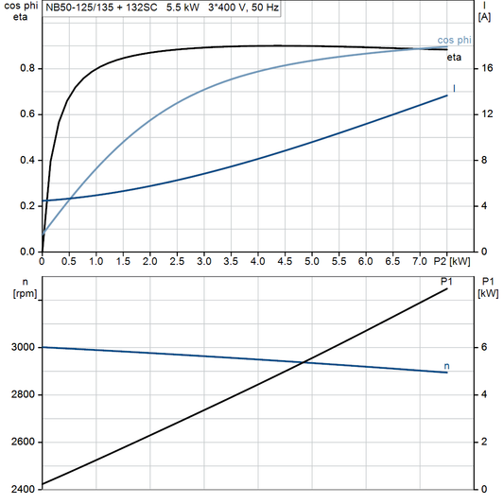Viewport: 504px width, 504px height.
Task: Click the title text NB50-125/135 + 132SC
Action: (96, 8)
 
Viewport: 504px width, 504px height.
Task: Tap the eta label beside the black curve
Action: (454, 59)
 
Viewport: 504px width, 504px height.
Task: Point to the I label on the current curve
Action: (454, 88)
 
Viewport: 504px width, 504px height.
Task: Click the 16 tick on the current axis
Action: (484, 68)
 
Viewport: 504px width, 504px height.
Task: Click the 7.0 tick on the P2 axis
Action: (419, 260)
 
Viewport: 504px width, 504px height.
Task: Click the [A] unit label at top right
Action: (484, 17)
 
